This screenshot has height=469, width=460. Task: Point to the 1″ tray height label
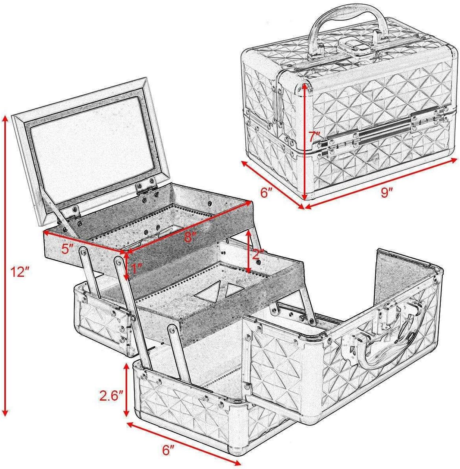point(136,270)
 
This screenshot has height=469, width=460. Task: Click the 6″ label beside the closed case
point(267,193)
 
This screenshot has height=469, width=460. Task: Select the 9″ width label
point(388,193)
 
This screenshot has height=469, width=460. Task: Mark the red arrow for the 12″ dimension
point(5,267)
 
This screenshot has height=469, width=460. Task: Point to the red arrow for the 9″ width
point(381,182)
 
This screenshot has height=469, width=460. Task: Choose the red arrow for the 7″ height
point(305,142)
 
